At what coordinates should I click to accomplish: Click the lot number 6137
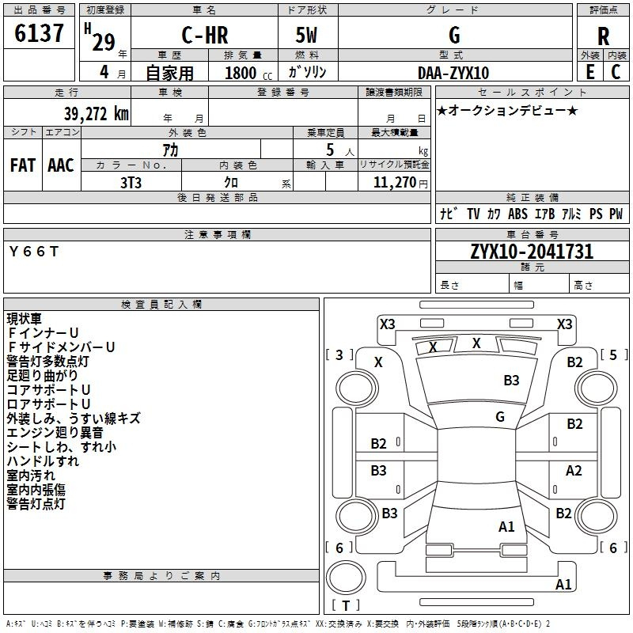point(39,33)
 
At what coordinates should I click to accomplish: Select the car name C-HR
point(205,35)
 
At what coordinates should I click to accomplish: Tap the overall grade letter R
point(603,36)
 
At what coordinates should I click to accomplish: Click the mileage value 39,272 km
point(96,114)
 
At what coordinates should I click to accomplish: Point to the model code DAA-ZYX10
point(453,73)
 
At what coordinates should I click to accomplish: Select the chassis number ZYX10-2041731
point(532,252)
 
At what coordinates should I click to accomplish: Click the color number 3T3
point(131,183)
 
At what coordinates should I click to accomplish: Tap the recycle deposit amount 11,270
point(394,183)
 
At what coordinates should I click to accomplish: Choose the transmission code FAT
point(23,165)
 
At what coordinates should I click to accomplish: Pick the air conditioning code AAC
point(61,165)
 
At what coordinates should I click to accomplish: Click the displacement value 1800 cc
point(248,73)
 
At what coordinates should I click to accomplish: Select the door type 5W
point(306,35)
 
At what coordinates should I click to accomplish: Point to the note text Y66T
point(34,252)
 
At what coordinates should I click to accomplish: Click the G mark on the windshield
point(500,417)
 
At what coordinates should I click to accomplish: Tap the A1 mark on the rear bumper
point(563,584)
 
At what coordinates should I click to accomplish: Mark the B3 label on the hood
point(511,381)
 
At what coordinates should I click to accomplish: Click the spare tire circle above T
point(346,578)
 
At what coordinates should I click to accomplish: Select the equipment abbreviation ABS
point(517,214)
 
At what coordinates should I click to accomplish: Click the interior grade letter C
point(616,72)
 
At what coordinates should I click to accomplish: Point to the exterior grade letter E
point(590,72)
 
